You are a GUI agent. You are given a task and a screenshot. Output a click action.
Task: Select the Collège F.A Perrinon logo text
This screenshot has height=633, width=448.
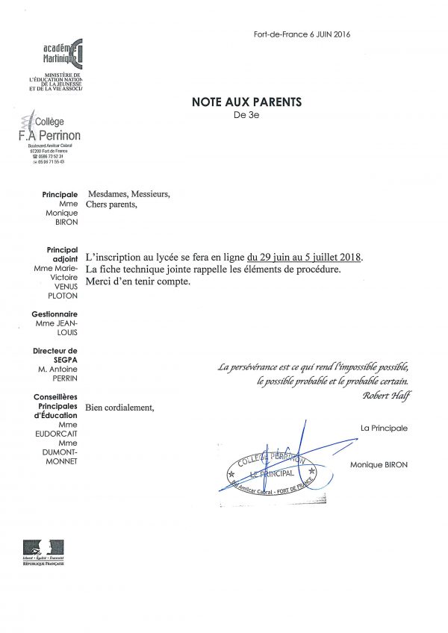[x=49, y=131]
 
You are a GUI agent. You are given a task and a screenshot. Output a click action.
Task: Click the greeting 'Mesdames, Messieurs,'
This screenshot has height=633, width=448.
[x=128, y=194]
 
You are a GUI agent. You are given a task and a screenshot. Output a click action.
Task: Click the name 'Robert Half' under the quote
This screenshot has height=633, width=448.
[x=386, y=395]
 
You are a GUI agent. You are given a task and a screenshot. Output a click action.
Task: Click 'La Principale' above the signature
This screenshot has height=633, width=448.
[x=384, y=428]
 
